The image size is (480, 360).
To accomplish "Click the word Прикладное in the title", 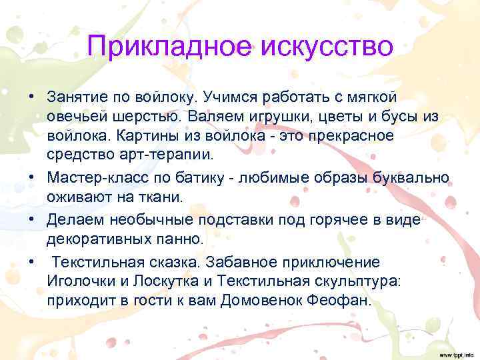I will (x=171, y=47).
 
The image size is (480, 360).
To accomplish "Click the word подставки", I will (x=227, y=218).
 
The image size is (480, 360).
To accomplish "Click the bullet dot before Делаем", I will (x=31, y=218).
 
